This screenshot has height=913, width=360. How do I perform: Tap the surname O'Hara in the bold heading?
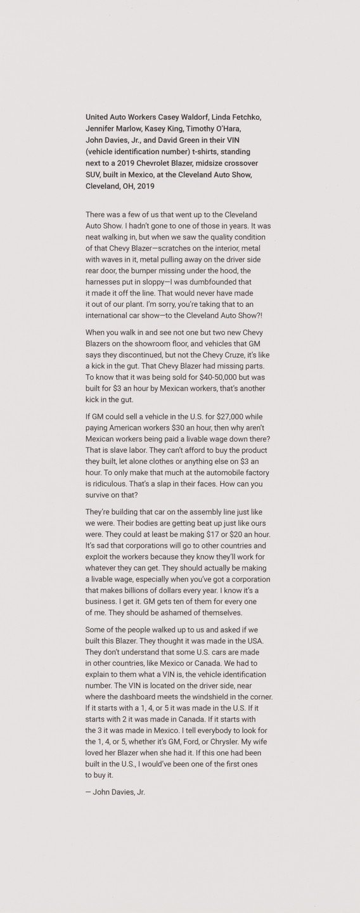[224, 129]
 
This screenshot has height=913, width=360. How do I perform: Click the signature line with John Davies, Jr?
[115, 792]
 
